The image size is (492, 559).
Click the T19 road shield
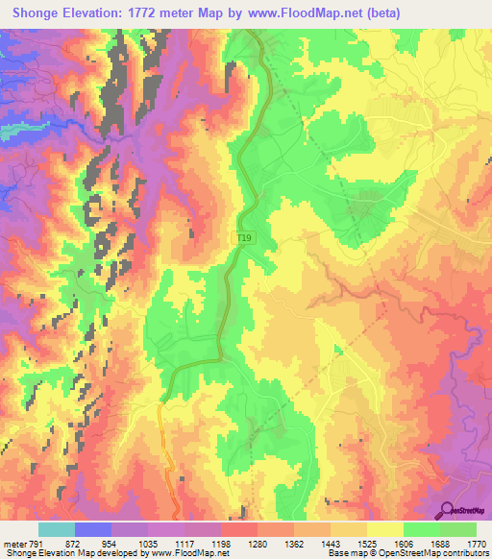click(246, 235)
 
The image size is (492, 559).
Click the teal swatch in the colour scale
click(56, 529)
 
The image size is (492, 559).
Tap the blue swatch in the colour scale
click(92, 529)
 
